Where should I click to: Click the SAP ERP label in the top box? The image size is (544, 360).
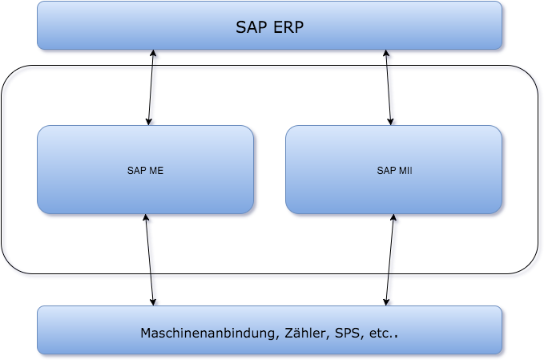click(x=270, y=26)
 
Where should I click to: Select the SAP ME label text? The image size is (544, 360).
click(x=146, y=170)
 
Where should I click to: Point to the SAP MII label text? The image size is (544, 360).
click(x=394, y=170)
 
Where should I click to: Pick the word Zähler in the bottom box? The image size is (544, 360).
click(x=300, y=333)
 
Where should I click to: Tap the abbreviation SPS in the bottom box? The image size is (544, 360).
click(x=343, y=333)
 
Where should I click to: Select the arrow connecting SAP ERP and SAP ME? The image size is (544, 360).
click(x=152, y=88)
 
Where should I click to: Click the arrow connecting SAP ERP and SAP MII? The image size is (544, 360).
click(x=390, y=88)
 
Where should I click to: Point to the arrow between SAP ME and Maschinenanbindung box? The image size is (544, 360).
click(x=150, y=261)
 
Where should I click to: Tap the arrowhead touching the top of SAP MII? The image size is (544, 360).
click(x=393, y=121)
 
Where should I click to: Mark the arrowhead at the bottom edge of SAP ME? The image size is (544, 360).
click(x=146, y=220)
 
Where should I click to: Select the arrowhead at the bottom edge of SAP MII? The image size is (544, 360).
click(x=396, y=220)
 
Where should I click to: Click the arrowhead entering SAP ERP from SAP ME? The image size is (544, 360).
click(x=155, y=55)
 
